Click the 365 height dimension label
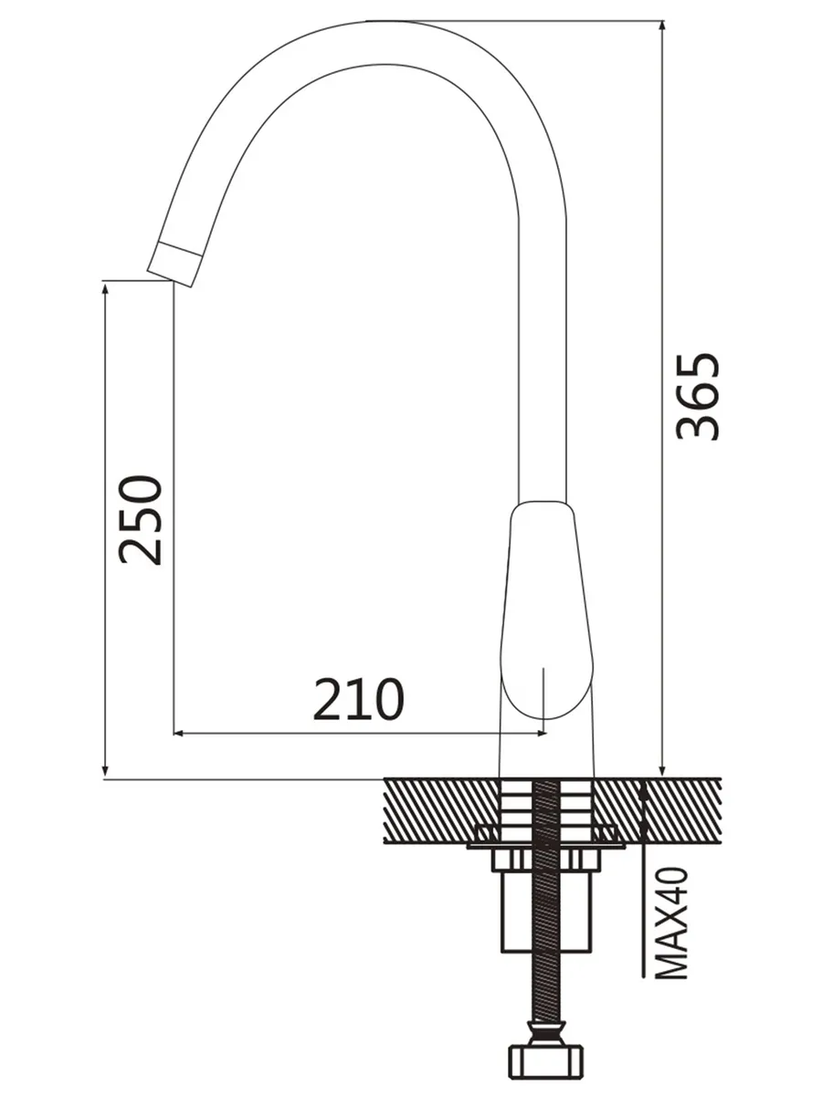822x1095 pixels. [698, 397]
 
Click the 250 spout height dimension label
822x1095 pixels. [142, 520]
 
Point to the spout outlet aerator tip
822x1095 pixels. [174, 264]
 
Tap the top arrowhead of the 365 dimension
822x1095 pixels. [662, 27]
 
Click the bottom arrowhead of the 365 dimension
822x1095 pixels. [662, 770]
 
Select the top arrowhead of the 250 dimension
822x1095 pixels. [105, 289]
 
